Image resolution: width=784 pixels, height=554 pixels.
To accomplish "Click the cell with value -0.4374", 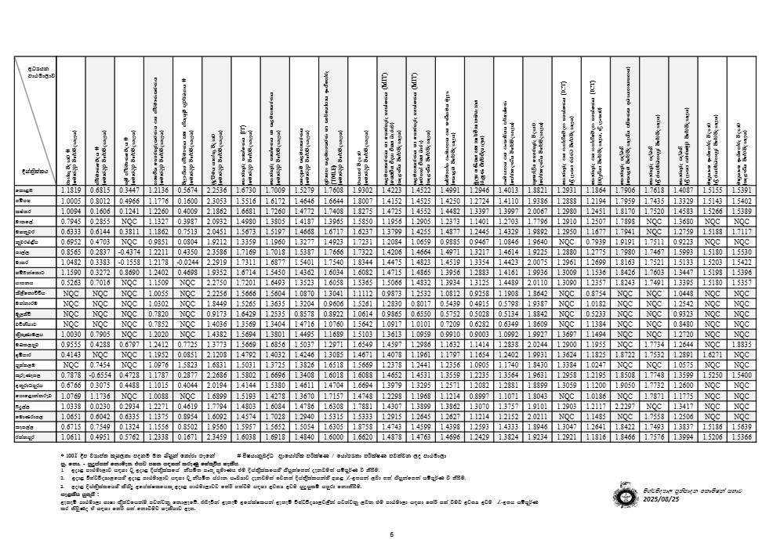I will pyautogui.click(x=131, y=252).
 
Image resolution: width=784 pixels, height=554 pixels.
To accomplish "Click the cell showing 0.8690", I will pyautogui.click(x=131, y=271).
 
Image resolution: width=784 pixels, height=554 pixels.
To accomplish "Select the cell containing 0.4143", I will pyautogui.click(x=75, y=353).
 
